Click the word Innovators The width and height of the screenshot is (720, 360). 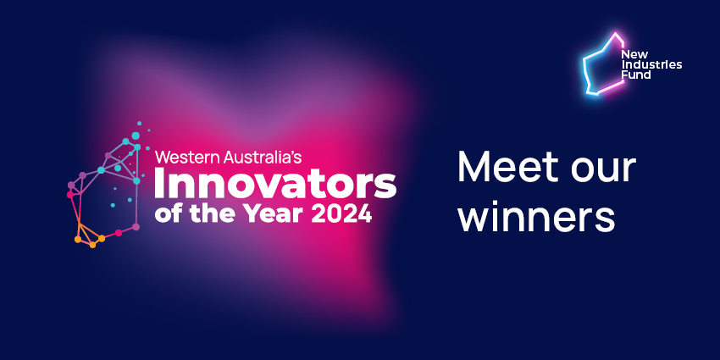tap(275, 184)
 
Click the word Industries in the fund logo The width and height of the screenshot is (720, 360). tap(651, 64)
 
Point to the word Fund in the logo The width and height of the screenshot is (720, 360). tap(636, 75)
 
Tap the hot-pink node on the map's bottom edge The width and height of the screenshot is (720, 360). tap(119, 233)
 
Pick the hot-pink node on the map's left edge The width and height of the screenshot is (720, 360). tap(70, 195)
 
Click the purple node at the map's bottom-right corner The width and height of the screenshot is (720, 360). tap(136, 227)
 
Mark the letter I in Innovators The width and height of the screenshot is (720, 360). tap(160, 184)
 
